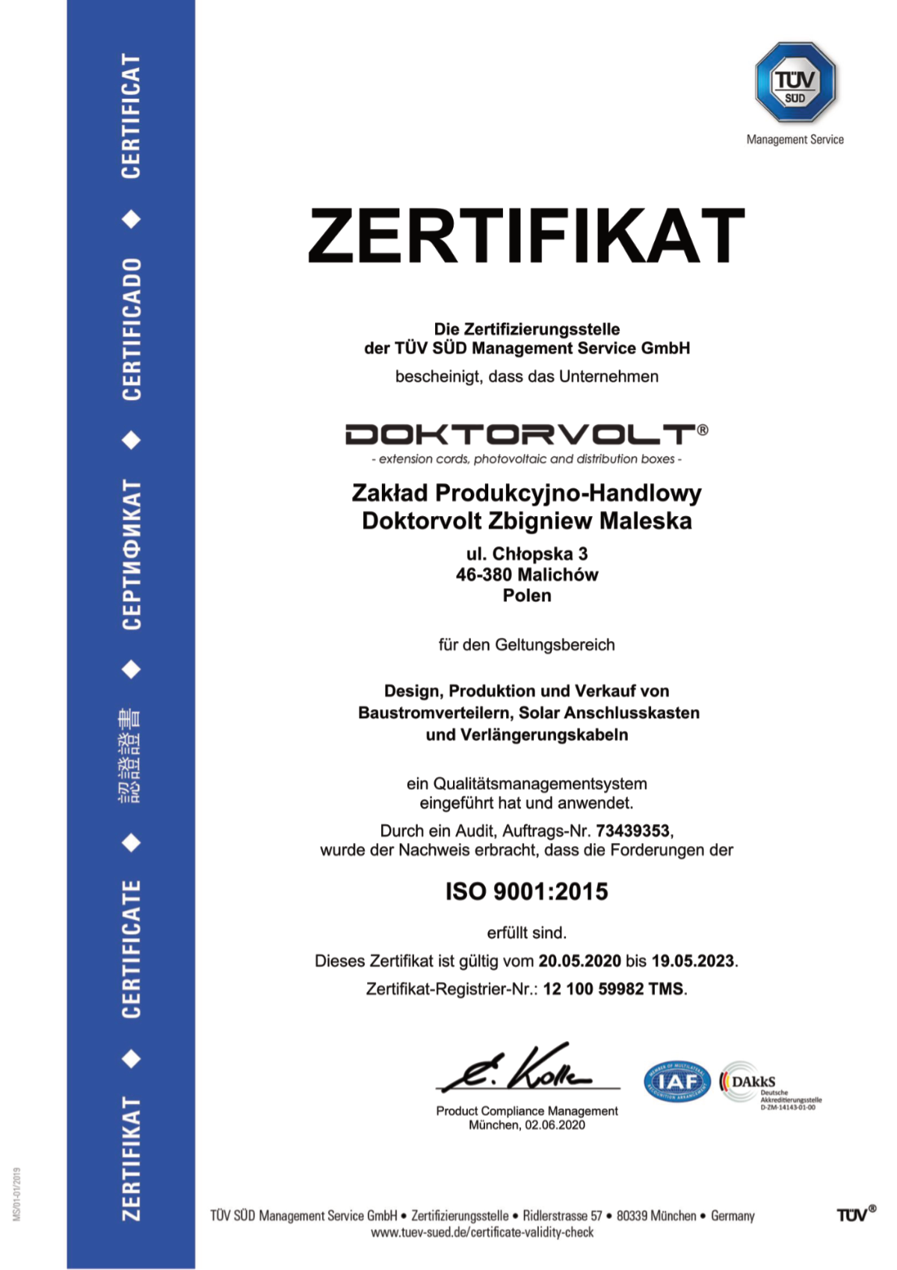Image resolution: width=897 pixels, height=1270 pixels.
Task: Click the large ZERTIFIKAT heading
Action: point(526,236)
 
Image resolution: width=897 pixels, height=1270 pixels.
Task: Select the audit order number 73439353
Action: point(633,831)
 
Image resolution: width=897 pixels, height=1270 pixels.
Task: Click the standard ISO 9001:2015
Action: point(526,892)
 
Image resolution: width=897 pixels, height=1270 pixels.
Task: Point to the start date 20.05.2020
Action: point(579,961)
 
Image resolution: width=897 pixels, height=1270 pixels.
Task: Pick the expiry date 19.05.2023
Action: point(692,961)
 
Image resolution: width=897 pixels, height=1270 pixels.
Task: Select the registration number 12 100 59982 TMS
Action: point(613,989)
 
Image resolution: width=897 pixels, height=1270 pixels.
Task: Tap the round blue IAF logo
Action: point(677,1082)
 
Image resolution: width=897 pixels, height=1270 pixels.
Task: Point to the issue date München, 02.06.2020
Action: point(526,1125)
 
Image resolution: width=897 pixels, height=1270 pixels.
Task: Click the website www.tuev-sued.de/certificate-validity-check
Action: point(482,1232)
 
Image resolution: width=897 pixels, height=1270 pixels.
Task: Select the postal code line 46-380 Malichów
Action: point(526,574)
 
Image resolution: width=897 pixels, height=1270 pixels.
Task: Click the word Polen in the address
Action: point(526,595)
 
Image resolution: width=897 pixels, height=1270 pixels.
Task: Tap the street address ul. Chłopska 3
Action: point(526,553)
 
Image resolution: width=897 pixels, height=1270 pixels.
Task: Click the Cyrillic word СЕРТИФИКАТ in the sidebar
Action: point(131,554)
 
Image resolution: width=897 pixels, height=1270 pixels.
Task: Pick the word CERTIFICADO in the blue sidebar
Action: point(131,329)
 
